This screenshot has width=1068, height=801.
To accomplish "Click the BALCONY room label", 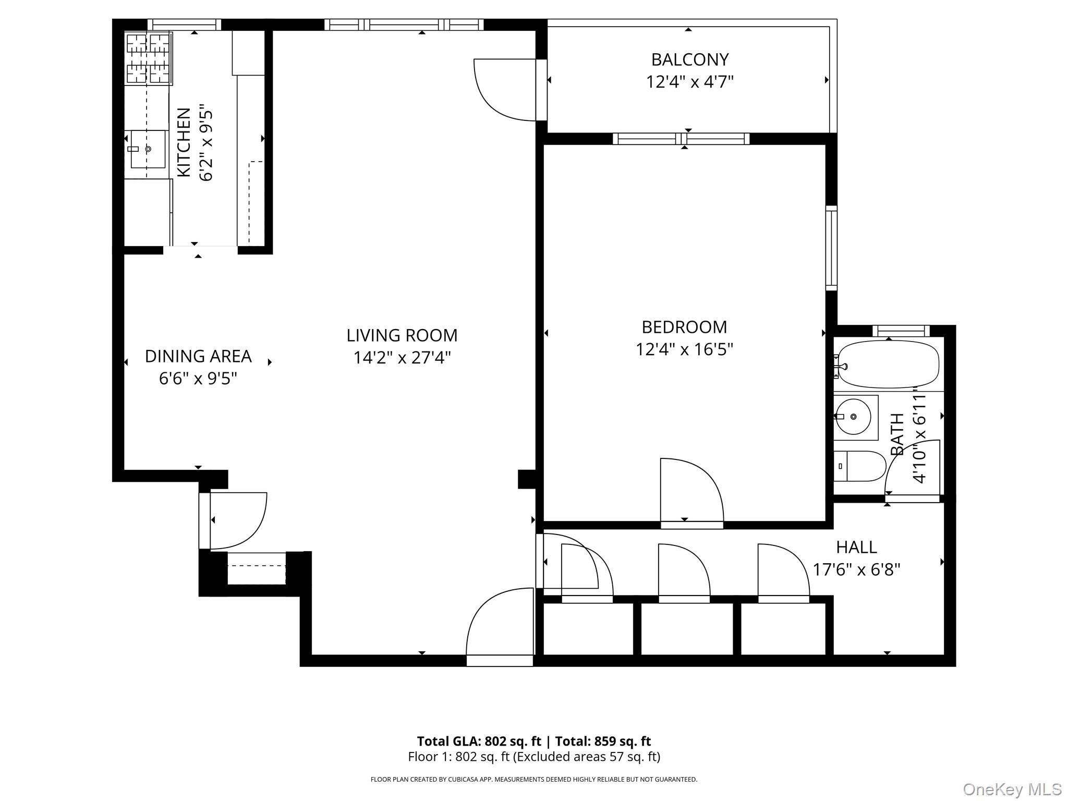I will point(689,59).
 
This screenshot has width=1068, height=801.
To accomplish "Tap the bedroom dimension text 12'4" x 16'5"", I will point(684,349).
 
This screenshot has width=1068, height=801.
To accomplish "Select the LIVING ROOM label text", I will point(402,335).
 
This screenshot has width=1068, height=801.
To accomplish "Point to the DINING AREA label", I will point(198,356).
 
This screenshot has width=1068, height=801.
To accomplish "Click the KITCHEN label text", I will point(184,142).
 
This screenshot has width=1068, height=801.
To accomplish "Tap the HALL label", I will point(856,547).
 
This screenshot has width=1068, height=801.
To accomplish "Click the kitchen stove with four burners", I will point(149,58).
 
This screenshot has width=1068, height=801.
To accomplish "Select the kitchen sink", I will point(148,149).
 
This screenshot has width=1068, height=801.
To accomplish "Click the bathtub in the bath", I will point(888,364).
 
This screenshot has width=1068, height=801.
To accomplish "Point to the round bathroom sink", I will point(853,417).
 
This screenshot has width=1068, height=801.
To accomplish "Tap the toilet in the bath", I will point(860,466).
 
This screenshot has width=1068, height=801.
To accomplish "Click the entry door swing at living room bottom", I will point(500,626).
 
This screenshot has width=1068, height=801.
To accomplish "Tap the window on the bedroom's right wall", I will point(831,248).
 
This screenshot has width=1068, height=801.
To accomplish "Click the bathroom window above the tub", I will point(901,331).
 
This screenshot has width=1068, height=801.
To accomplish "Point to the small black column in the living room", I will point(526,479).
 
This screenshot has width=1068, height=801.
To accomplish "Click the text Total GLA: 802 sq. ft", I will point(479,741).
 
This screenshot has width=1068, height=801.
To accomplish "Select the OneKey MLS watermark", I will point(1012,789).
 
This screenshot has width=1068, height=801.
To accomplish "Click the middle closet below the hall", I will point(687,628).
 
